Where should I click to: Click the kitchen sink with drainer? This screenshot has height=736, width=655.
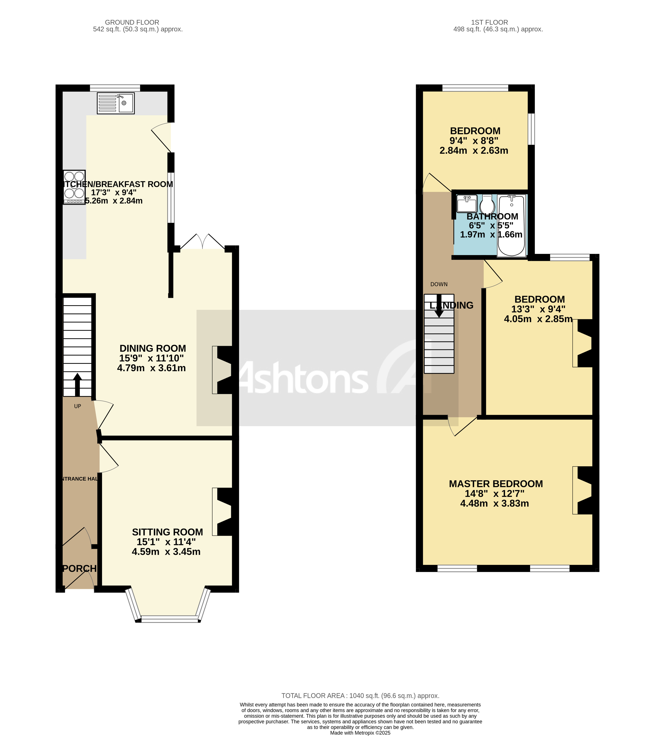tap(116, 103)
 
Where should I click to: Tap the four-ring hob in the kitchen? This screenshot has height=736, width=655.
tap(74, 187)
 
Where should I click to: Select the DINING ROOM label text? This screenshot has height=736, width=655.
tap(153, 348)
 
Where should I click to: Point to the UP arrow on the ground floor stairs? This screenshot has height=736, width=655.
tap(77, 384)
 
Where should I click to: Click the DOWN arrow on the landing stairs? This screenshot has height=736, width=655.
tap(439, 306)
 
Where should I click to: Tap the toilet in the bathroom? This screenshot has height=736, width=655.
tap(487, 205)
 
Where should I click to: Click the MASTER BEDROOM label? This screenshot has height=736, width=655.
tap(496, 484)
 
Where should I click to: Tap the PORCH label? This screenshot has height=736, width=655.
tap(79, 568)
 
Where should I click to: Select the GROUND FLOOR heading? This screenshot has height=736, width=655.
tap(132, 22)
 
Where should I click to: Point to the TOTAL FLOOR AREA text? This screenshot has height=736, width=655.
tap(360, 696)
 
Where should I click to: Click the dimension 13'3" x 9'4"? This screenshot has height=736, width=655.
tap(538, 309)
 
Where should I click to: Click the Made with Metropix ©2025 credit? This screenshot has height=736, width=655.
tap(360, 733)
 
